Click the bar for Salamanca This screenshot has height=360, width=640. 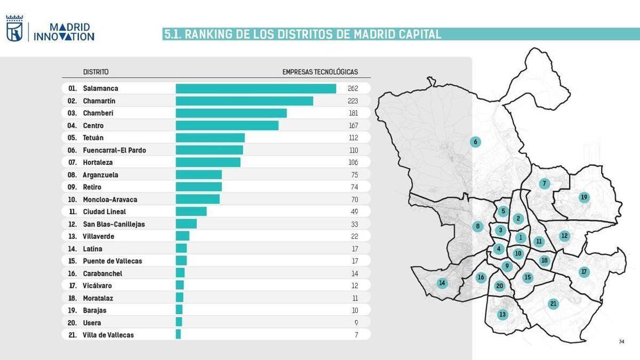point(256,89)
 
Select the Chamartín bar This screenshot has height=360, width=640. point(244,101)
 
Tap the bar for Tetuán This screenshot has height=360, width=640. point(210,138)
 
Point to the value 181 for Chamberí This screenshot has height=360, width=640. point(353,113)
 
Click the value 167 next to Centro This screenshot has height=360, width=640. point(353,125)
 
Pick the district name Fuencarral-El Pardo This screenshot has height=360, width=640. point(114,150)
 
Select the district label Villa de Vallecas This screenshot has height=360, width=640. point(108,335)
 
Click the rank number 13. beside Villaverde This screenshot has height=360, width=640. point(73,236)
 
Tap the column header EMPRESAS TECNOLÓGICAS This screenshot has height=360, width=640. point(320,72)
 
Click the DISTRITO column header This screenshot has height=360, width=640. point(96,72)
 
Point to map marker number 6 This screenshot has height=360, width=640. point(475,142)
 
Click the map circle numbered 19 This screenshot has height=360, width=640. point(584,197)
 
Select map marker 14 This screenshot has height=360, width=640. point(442,283)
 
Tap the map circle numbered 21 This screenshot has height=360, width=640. point(553,304)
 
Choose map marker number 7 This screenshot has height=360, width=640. point(544,183)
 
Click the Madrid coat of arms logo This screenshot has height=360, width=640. point(14,29)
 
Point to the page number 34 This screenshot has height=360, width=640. point(621,341)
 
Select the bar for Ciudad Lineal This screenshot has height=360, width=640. point(191,212)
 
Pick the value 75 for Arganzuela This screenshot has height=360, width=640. point(354,175)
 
